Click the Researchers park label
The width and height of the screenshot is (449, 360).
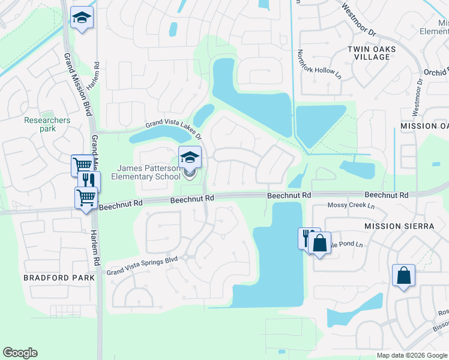pyautogui.click(x=47, y=124)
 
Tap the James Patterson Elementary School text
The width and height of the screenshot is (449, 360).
pyautogui.click(x=149, y=172)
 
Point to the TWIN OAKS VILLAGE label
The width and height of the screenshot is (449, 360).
pyautogui.click(x=369, y=52)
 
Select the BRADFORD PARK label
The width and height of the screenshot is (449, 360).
pyautogui.click(x=59, y=278)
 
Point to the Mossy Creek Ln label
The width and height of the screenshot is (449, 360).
pyautogui.click(x=351, y=206)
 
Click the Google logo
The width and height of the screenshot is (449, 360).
pyautogui.click(x=20, y=353)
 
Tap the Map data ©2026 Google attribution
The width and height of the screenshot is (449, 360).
pyautogui.click(x=411, y=355)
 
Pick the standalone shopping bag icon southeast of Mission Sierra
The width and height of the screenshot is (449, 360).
pyautogui.click(x=403, y=276)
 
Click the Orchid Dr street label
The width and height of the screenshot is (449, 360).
pyautogui.click(x=435, y=71)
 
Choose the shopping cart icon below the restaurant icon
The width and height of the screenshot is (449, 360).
pyautogui.click(x=85, y=197)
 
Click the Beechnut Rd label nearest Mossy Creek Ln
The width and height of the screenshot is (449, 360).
pyautogui.click(x=387, y=196)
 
